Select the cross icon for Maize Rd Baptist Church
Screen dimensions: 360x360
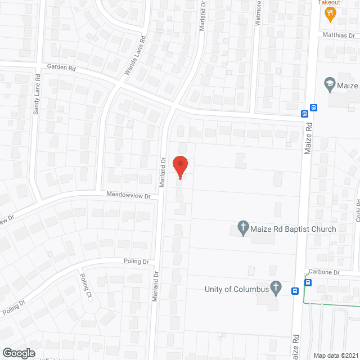pyautogui.click(x=243, y=228)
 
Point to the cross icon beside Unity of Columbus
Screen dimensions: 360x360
pyautogui.click(x=276, y=289)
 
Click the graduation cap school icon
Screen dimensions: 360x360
pyautogui.click(x=329, y=85)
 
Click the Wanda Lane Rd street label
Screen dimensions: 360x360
pyautogui.click(x=135, y=57)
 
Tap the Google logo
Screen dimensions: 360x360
pyautogui.click(x=19, y=353)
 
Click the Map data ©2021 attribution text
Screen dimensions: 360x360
pyautogui.click(x=335, y=355)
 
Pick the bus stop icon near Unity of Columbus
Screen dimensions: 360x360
pyautogui.click(x=294, y=291)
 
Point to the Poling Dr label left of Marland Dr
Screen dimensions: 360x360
pyautogui.click(x=137, y=262)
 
